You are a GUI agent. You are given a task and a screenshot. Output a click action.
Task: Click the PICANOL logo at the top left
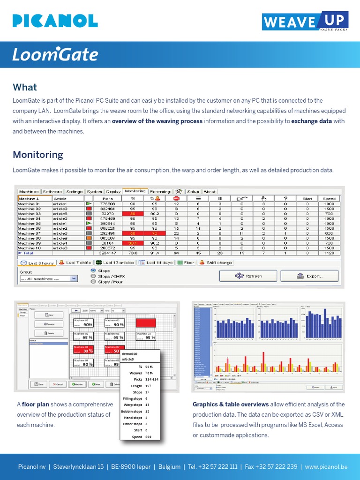pos(55,21)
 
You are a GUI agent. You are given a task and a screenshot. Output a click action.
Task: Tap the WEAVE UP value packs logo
pos(305,22)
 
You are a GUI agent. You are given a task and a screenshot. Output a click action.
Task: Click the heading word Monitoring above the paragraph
pos(37,154)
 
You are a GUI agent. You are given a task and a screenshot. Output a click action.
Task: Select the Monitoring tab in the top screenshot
pos(135,191)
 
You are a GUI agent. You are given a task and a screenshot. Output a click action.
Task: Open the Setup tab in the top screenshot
pos(193,191)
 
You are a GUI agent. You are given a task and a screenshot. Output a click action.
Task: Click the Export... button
pos(309,276)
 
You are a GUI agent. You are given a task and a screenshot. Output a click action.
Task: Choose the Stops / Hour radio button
pos(93,282)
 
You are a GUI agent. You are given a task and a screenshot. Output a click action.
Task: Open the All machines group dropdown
pos(49,278)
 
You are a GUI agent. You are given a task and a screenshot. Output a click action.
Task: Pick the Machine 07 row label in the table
pos(29,233)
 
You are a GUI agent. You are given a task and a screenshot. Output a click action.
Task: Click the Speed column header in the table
pos(329,198)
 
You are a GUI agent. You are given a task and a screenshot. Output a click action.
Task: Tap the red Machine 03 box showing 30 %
pos(83,350)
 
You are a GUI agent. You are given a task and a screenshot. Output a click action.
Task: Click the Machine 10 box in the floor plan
pos(146,336)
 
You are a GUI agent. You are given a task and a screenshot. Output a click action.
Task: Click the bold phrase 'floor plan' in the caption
pos(35,404)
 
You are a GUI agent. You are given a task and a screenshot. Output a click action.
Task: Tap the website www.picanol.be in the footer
pos(326,467)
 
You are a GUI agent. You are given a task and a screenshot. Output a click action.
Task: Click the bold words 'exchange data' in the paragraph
pos(312,121)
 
